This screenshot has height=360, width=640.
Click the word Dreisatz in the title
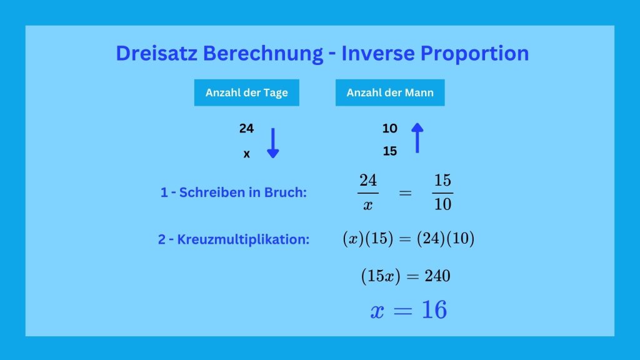tap(157, 53)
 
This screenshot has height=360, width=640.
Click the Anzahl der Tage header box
tap(246, 92)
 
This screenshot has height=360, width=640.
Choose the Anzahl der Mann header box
tap(390, 92)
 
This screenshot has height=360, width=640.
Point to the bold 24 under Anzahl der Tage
tap(246, 129)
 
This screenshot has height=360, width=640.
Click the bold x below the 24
tap(246, 154)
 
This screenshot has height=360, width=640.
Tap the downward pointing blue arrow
tap(273, 143)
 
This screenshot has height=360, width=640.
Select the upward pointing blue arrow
tap(417, 138)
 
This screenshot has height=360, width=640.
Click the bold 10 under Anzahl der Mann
tap(390, 129)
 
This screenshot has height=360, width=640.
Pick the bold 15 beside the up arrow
tap(390, 151)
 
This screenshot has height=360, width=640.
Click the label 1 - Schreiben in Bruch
tap(234, 192)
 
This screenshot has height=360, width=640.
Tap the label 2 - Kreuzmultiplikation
tap(234, 239)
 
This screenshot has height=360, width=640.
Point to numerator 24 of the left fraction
tap(368, 181)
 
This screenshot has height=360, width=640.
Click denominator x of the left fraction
tap(367, 205)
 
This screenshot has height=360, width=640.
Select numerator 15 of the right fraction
tap(443, 181)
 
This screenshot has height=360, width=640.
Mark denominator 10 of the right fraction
tap(443, 204)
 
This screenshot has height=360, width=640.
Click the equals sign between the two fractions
tap(405, 192)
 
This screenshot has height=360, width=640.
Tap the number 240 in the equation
tap(437, 276)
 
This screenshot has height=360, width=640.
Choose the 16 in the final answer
tap(434, 310)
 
